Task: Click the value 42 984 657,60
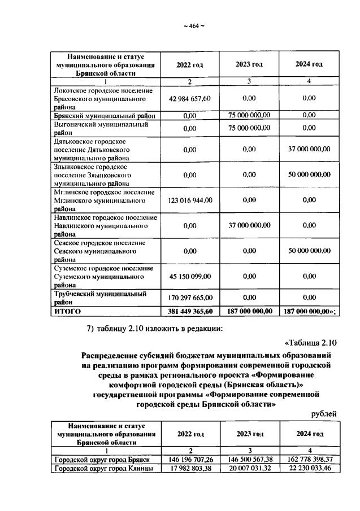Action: (x=189, y=98)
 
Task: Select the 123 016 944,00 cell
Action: (x=189, y=200)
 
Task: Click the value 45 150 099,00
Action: (x=189, y=276)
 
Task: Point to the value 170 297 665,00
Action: (x=189, y=297)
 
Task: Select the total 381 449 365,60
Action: (x=189, y=311)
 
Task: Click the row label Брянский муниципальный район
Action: (x=104, y=115)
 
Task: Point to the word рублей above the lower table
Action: (x=324, y=414)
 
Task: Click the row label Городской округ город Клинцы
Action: (x=103, y=468)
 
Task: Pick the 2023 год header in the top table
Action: (x=249, y=64)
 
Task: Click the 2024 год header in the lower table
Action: (x=309, y=434)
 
